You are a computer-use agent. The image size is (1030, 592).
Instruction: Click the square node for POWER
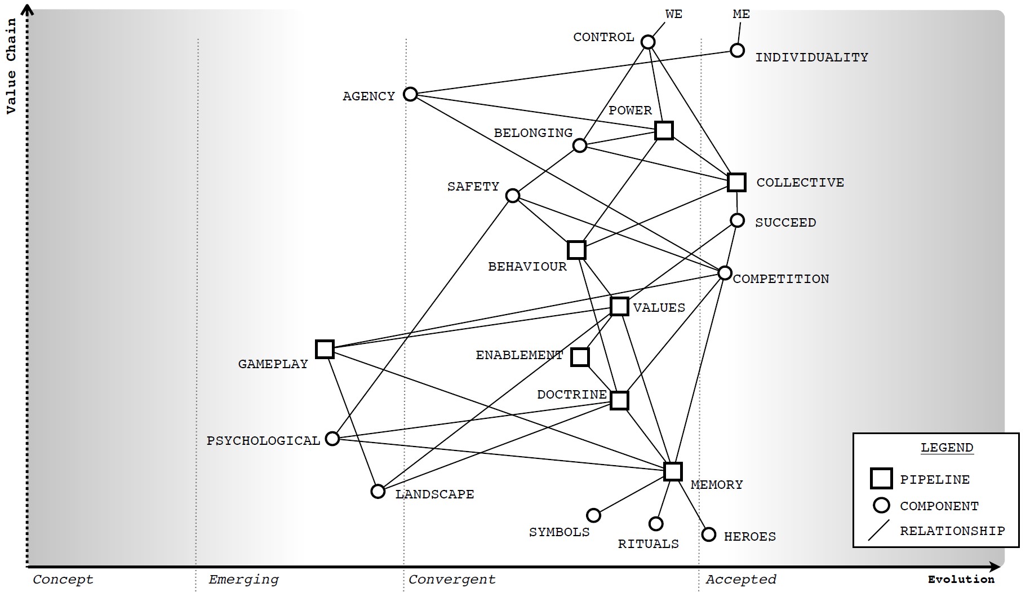pyautogui.click(x=664, y=130)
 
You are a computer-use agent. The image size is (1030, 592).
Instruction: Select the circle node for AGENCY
pyautogui.click(x=410, y=94)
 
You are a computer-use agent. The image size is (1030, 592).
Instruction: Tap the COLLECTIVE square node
pyautogui.click(x=736, y=182)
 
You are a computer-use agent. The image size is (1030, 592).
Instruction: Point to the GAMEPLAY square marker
pyautogui.click(x=325, y=349)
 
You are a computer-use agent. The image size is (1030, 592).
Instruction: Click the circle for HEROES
pyautogui.click(x=709, y=534)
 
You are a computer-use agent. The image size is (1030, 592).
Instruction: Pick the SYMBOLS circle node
pyautogui.click(x=593, y=515)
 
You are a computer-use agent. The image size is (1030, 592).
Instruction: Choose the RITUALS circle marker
pyautogui.click(x=656, y=524)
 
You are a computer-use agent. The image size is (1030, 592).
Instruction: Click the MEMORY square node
pyautogui.click(x=673, y=471)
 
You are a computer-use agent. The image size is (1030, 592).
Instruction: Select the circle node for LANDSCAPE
pyautogui.click(x=378, y=491)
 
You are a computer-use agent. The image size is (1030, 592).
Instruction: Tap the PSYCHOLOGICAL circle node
pyautogui.click(x=332, y=438)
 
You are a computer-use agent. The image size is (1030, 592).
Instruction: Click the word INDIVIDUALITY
pyautogui.click(x=811, y=58)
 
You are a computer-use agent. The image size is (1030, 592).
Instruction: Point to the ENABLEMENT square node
pyautogui.click(x=580, y=357)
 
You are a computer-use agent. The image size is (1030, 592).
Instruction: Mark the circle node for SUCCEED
pyautogui.click(x=737, y=220)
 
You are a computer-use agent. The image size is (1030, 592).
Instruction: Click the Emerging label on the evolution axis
pyautogui.click(x=243, y=580)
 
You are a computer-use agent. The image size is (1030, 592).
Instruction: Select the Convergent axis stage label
pyautogui.click(x=452, y=580)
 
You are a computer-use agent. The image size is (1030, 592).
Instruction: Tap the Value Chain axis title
pyautogui.click(x=11, y=67)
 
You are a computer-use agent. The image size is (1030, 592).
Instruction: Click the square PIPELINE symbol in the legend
pyautogui.click(x=881, y=478)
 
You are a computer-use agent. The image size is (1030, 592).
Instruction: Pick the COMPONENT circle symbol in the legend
pyautogui.click(x=881, y=505)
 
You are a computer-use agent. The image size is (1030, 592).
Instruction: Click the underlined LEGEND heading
pyautogui.click(x=947, y=448)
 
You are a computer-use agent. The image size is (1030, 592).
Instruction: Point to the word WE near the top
pyautogui.click(x=673, y=14)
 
